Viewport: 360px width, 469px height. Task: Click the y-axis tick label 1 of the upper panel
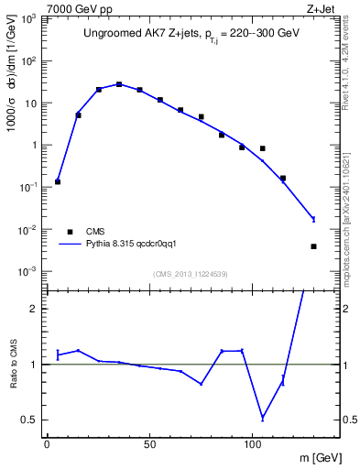[38, 146]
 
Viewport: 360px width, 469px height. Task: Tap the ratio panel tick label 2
[38, 309]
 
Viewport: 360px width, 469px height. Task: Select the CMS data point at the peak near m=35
[119, 84]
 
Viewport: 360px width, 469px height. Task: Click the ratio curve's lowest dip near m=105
[263, 418]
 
